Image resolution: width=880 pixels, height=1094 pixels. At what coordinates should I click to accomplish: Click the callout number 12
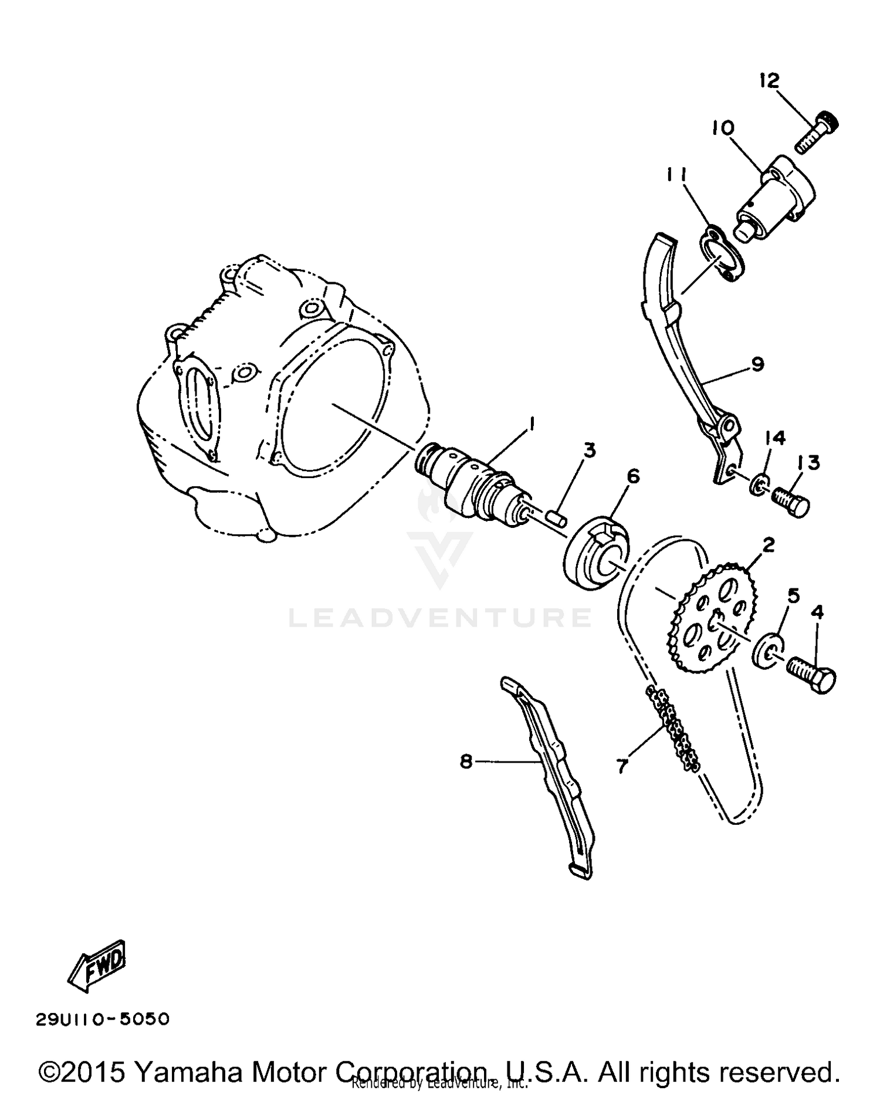click(769, 80)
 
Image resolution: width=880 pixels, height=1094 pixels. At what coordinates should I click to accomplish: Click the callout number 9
click(757, 364)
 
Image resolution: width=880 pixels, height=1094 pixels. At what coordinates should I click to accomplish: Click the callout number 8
click(466, 761)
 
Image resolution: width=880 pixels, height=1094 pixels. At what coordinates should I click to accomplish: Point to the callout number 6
click(632, 476)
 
